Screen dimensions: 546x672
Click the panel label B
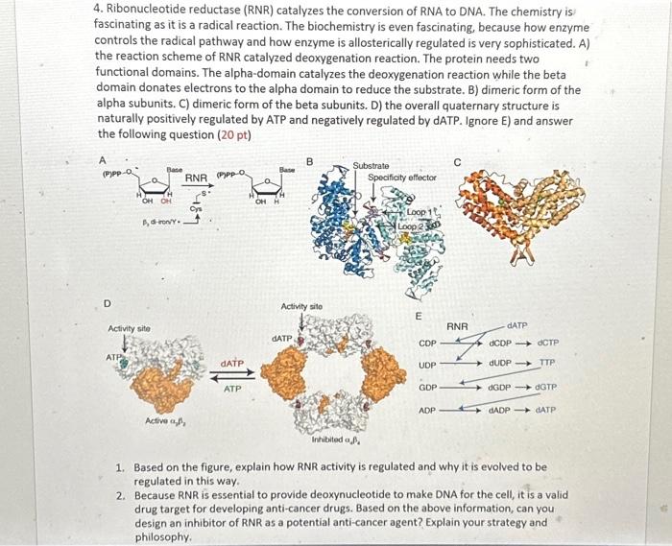308,161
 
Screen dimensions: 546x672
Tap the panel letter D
106,304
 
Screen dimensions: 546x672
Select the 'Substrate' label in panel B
372,166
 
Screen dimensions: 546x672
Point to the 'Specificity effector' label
401,178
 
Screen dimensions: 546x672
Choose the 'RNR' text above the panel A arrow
196,178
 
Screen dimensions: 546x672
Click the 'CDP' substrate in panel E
428,343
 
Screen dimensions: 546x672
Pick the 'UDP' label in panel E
428,366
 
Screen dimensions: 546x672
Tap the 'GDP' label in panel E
428,388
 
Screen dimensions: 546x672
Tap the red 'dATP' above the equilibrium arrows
232,365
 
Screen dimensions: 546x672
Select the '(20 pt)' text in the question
232,134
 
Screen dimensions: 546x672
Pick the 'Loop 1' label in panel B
420,210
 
